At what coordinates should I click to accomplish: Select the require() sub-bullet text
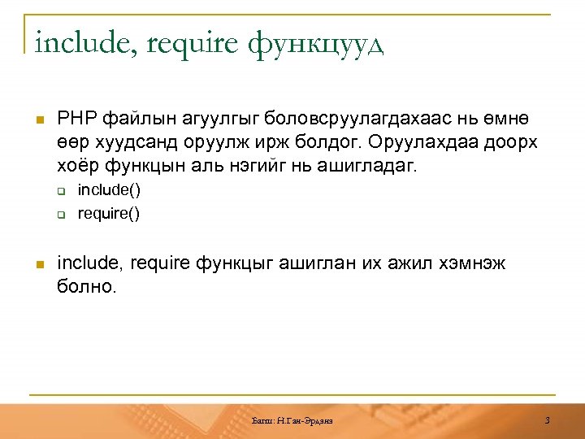coord(109,215)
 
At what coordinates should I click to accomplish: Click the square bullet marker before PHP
coord(37,119)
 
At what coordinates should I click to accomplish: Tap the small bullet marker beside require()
coord(60,215)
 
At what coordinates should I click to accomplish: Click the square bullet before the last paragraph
coord(37,263)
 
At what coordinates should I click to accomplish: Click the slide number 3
coord(548,419)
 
